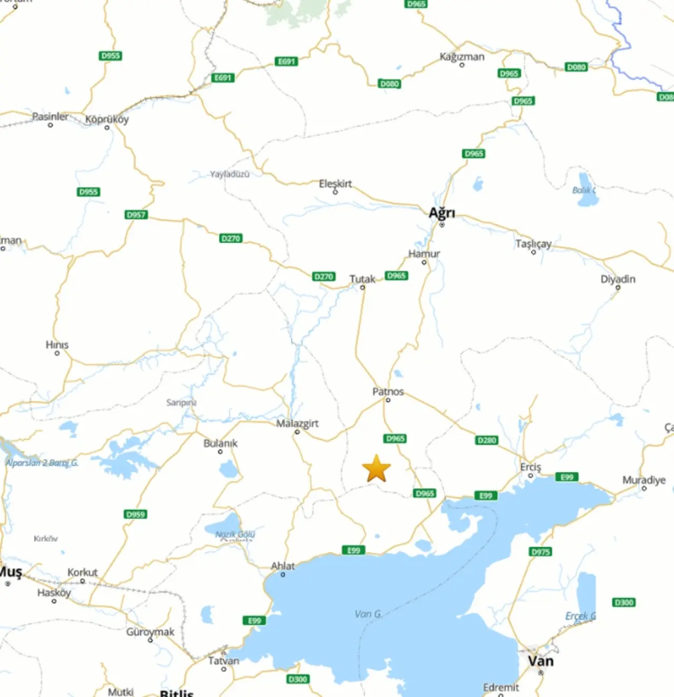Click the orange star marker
pos(376,468)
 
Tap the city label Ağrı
pos(441,213)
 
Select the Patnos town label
pos(388,391)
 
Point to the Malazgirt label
pos(298,423)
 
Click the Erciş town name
pos(530,467)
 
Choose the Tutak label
pos(362,279)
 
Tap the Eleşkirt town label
pos(335,183)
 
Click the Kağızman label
pos(462,57)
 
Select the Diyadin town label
pos(618,279)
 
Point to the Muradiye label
pos(644,480)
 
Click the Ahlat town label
pos(283,566)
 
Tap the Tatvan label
pos(224,661)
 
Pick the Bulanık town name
pos(220,443)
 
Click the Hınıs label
pos(57,345)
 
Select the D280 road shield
pos(486,440)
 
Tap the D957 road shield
pos(136,214)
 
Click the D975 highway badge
pos(541,552)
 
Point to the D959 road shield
pos(135,514)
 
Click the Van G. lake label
pos(368,614)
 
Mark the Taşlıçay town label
pos(533,243)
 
